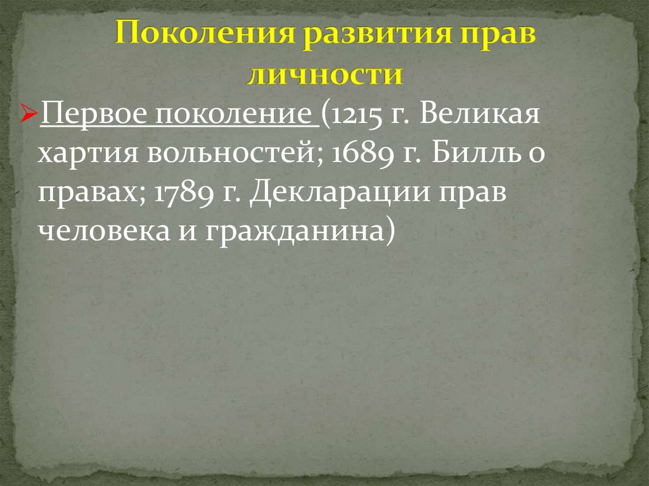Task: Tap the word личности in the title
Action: tap(324, 74)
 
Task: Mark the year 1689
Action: tap(360, 155)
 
